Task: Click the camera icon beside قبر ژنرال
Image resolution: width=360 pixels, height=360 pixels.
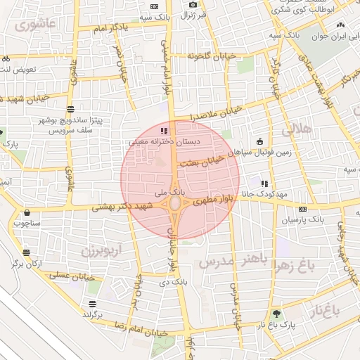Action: [193, 5]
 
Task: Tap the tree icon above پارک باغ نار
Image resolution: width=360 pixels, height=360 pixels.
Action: [276, 314]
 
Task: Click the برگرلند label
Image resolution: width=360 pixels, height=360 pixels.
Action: [92, 314]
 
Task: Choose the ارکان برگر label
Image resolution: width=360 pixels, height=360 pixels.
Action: [26, 263]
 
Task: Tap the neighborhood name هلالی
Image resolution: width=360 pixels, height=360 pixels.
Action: [296, 129]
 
